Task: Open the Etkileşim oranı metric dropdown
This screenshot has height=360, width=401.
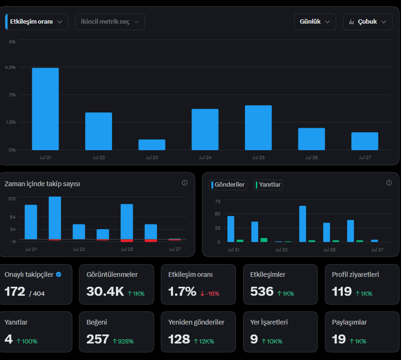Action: coord(37,22)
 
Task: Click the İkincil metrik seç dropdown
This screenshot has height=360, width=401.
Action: coord(110,22)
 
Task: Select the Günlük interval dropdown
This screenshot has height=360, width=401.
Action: coord(315,22)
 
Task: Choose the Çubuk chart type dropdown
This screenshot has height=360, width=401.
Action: coord(367,22)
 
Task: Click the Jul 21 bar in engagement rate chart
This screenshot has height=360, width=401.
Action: coord(45,109)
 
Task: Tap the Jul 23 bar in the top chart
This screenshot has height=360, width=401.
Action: coord(152,145)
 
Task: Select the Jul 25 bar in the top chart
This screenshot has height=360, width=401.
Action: coord(258,128)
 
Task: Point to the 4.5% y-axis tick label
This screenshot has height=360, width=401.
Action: coord(10,67)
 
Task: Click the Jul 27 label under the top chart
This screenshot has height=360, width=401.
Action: coord(365,158)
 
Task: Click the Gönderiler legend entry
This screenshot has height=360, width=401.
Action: coord(228,185)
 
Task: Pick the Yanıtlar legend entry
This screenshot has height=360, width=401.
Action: coord(268,185)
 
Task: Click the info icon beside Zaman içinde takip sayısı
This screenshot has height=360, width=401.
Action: coord(184,183)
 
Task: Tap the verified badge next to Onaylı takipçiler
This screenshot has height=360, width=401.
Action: coord(59,274)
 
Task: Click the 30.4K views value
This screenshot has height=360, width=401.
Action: coord(105,291)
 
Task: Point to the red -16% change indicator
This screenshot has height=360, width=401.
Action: coord(209,294)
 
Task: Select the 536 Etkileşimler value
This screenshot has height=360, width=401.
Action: coord(262,291)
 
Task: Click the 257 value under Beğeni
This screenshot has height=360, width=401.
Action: coord(98,339)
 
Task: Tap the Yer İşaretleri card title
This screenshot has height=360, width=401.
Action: coord(269,322)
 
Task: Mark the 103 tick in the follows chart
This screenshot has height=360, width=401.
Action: coord(11,198)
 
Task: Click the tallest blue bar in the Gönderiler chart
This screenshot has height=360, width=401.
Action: coord(303,224)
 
